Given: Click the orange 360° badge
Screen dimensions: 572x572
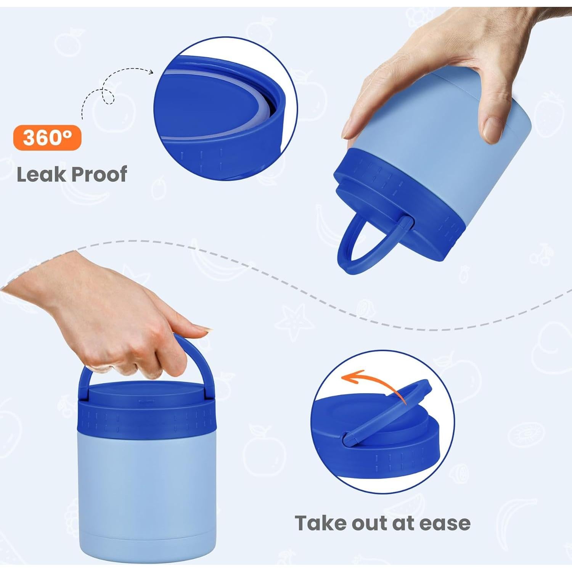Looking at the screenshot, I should tap(47, 138).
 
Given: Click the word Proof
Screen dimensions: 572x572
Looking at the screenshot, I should tap(99, 175).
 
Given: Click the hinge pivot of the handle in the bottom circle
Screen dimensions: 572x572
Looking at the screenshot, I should tap(347, 438).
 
